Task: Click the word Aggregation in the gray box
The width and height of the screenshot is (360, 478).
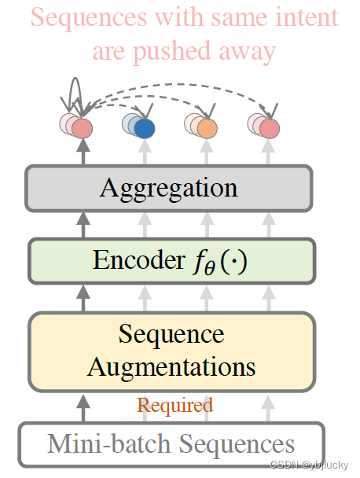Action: pos(168,189)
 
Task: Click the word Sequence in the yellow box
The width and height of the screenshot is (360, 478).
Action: pos(171,335)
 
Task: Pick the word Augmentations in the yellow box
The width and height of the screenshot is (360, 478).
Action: pos(171,366)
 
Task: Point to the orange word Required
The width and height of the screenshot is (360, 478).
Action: pos(174,406)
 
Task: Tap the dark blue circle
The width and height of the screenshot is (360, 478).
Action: pos(144,128)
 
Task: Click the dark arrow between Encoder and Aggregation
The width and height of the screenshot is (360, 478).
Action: pos(83,225)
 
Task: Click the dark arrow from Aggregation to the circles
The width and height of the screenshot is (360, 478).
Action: pos(83,152)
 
